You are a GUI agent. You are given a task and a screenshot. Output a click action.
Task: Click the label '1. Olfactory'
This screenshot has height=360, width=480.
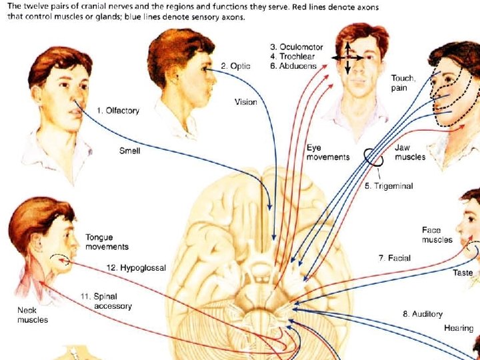118,111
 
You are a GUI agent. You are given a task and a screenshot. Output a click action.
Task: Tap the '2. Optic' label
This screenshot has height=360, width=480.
236,65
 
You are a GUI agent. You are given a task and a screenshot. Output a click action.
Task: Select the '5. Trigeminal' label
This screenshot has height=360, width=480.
389,186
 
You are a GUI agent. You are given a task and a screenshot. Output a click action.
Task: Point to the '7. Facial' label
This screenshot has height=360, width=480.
395,258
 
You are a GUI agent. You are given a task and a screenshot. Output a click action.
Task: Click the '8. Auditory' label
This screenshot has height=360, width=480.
422,314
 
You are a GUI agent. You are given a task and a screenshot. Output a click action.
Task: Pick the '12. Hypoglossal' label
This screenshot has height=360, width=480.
137,268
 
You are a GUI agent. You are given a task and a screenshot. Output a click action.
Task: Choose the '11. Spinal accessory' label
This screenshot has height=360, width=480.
107,301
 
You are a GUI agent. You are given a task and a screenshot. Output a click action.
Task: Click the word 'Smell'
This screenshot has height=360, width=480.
129,151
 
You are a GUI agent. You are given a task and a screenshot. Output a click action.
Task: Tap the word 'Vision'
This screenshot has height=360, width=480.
245,102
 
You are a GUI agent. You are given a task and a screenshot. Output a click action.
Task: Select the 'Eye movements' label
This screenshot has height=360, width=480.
327,153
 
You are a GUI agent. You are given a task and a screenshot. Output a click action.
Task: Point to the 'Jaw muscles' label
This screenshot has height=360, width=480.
410,152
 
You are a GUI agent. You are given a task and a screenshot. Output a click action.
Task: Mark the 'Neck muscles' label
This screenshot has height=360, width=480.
32,315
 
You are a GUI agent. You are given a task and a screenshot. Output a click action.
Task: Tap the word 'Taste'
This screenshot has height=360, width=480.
463,273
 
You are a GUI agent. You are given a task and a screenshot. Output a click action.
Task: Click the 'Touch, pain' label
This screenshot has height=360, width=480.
403,83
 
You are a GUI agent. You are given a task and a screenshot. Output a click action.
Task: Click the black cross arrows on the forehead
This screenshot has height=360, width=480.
347,57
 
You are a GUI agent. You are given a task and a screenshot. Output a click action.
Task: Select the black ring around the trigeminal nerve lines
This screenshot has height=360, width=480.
373,157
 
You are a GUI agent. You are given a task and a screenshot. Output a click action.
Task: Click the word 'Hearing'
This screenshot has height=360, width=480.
459,328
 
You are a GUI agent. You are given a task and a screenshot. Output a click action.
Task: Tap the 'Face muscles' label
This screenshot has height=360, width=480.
437,235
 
